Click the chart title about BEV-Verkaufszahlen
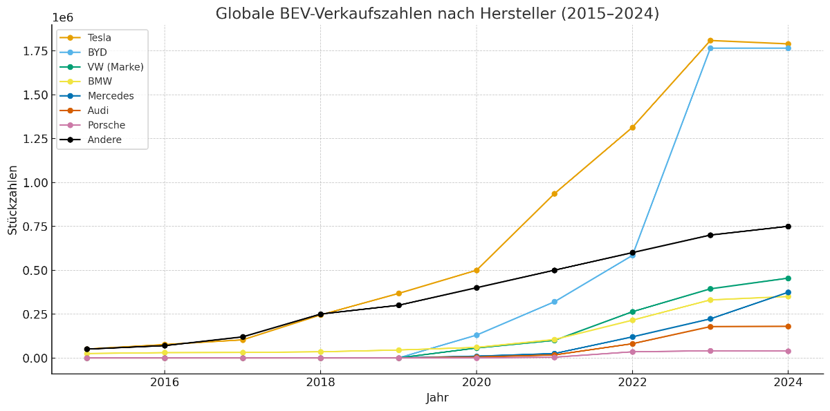(437, 14)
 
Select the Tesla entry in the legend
(99, 38)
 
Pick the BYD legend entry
(97, 52)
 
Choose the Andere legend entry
(104, 140)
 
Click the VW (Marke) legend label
(116, 67)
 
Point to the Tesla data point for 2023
(710, 41)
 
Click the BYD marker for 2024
(788, 48)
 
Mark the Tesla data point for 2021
(554, 194)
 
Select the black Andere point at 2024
(788, 226)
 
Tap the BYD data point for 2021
(554, 302)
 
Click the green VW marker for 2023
(710, 289)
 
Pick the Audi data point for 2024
(788, 326)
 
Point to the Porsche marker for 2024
(788, 351)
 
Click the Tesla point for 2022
(632, 127)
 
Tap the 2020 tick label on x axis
(476, 382)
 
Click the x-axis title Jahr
(437, 399)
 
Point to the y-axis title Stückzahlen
(13, 200)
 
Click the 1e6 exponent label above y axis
(62, 18)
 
